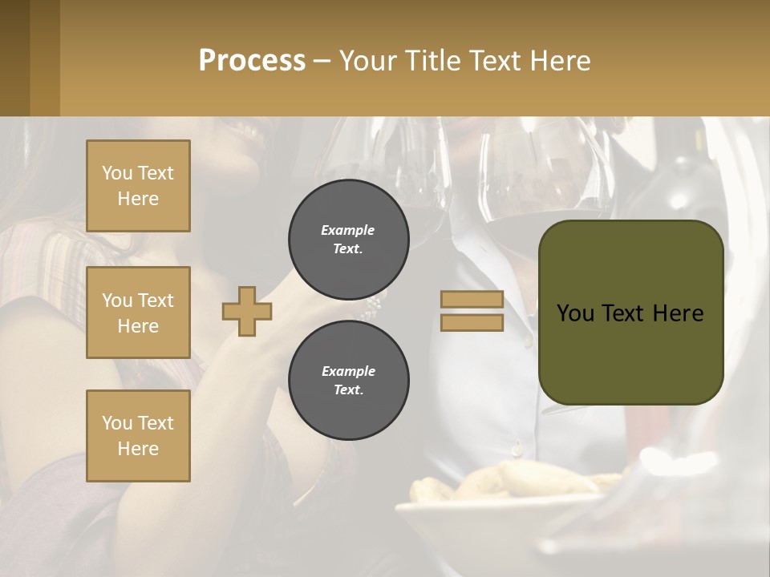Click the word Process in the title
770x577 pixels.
pos(252,61)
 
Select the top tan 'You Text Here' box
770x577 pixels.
pos(138,186)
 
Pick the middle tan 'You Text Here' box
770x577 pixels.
pos(138,313)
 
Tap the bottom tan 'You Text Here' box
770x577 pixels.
pos(138,436)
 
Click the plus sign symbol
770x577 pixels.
pos(247,311)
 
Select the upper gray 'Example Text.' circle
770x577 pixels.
pos(348,240)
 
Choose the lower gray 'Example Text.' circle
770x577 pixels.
pos(348,381)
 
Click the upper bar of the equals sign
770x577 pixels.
pos(472,300)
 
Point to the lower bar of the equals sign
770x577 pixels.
pos(472,322)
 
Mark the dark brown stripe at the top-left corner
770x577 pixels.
pos(14,58)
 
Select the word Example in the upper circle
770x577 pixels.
pos(348,231)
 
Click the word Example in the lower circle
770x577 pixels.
pos(348,372)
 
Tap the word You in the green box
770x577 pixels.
pos(575,313)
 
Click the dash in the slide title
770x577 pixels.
pos(322,61)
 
